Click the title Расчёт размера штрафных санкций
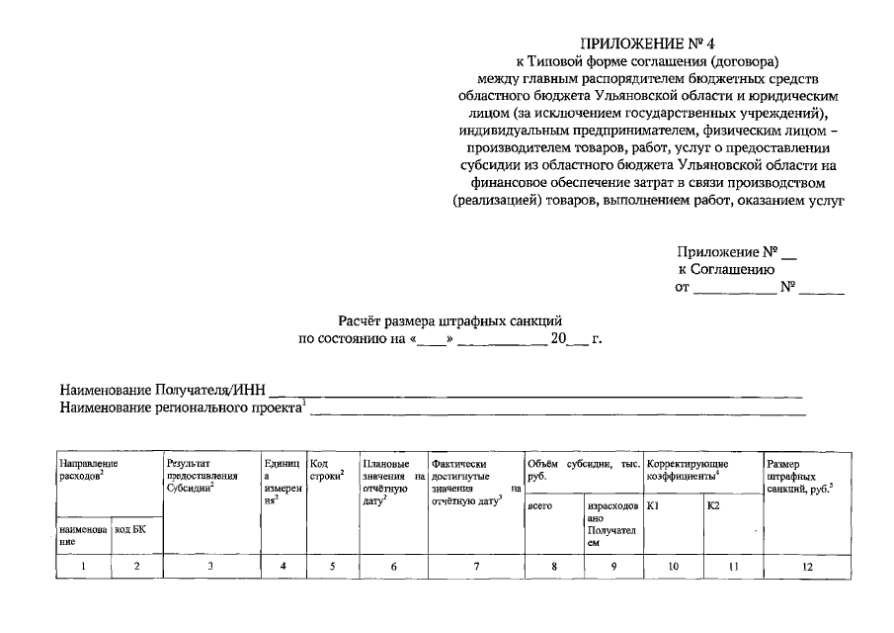(x=450, y=320)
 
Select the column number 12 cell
(x=807, y=566)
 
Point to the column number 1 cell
(x=83, y=566)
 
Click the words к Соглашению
(x=726, y=269)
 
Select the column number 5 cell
(x=331, y=566)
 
